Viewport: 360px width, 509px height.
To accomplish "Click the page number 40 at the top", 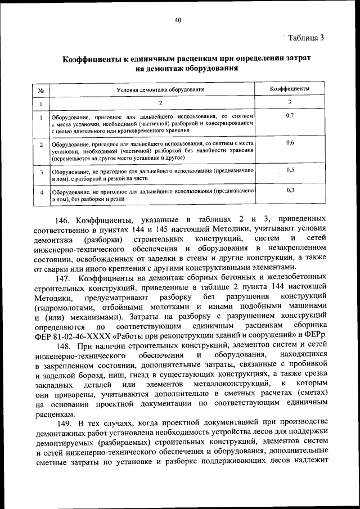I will (178, 20).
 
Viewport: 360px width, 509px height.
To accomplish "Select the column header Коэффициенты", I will (289, 89).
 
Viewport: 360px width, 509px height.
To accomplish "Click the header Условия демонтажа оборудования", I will (160, 89).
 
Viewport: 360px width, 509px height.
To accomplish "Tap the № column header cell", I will (41, 90).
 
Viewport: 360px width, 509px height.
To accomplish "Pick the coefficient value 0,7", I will (290, 115).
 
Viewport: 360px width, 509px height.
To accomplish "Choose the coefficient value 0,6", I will (290, 142).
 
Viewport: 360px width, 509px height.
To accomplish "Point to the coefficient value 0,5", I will (290, 169).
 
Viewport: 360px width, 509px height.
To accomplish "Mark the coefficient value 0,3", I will (290, 190).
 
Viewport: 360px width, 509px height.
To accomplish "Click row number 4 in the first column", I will (42, 192).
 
